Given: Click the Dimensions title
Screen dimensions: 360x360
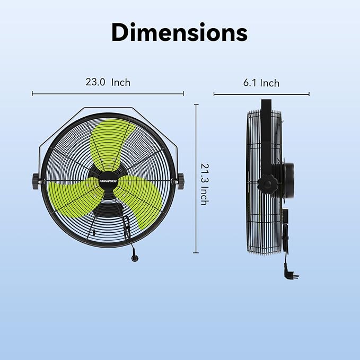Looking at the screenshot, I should pos(179,32).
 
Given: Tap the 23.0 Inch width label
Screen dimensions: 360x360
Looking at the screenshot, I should pos(108,82).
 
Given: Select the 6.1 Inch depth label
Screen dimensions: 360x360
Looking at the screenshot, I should pos(261,83).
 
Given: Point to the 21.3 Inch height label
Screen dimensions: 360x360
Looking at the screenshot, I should pos(203,183).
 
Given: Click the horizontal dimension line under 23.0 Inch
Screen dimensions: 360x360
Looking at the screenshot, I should pos(108,94).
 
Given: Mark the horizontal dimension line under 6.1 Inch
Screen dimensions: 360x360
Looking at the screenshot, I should pos(261,95).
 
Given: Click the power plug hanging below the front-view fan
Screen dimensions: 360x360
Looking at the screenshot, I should pos(131,257).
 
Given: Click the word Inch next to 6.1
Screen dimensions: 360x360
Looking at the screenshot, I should pos(269,83).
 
